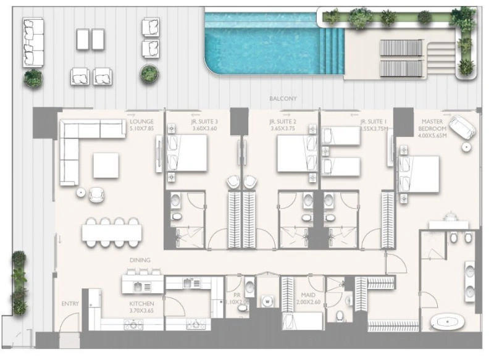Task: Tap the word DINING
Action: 140,261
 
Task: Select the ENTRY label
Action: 70,304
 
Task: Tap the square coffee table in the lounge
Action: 106,165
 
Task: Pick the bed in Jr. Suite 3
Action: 188,153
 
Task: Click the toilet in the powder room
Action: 249,286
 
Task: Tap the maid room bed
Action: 303,321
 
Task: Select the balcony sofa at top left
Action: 33,42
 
